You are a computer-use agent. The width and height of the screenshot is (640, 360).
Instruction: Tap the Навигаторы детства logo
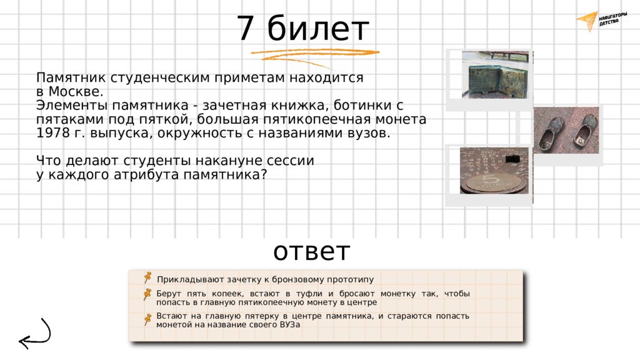click(x=602, y=21)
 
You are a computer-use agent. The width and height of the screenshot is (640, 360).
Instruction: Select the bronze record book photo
click(x=497, y=75)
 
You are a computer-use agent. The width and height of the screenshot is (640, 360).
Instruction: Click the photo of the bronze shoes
click(x=566, y=130)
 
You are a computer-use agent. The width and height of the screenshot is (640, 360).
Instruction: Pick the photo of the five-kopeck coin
click(x=494, y=171)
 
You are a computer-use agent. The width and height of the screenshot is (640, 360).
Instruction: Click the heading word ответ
click(x=311, y=251)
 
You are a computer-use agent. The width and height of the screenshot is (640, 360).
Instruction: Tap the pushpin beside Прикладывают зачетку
click(x=147, y=277)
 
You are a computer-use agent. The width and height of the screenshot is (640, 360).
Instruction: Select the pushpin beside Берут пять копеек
click(x=147, y=294)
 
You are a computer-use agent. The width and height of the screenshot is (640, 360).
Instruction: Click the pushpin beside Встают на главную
click(x=147, y=319)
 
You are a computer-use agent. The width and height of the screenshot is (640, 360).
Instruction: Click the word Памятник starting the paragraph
click(x=71, y=77)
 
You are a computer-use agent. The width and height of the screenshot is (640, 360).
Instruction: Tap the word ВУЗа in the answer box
click(x=290, y=325)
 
